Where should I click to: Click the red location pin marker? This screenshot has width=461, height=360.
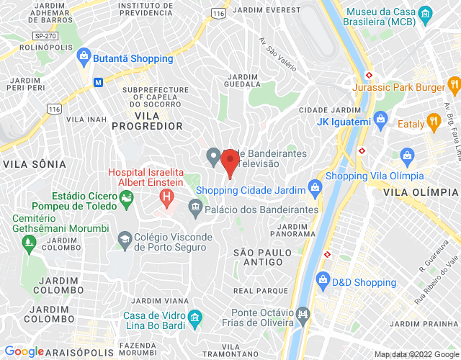(x=230, y=161)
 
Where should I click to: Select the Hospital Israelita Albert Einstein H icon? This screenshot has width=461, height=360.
(x=167, y=195)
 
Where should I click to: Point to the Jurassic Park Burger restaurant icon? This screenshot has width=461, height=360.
(x=454, y=85)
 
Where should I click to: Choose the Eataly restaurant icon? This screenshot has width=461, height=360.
(x=433, y=122)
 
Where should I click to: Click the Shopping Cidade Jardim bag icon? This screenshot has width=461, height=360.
(x=314, y=188)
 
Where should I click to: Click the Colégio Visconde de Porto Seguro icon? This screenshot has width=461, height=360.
(x=125, y=238)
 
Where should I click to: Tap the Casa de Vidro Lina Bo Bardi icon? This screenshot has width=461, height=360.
(x=194, y=318)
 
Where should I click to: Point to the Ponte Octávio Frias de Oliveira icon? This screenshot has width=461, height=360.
(x=303, y=314)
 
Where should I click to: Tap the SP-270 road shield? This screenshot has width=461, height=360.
(x=45, y=35)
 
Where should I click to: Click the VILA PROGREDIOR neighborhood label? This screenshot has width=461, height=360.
(x=147, y=120)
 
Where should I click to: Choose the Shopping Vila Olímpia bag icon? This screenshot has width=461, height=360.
(x=408, y=155)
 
